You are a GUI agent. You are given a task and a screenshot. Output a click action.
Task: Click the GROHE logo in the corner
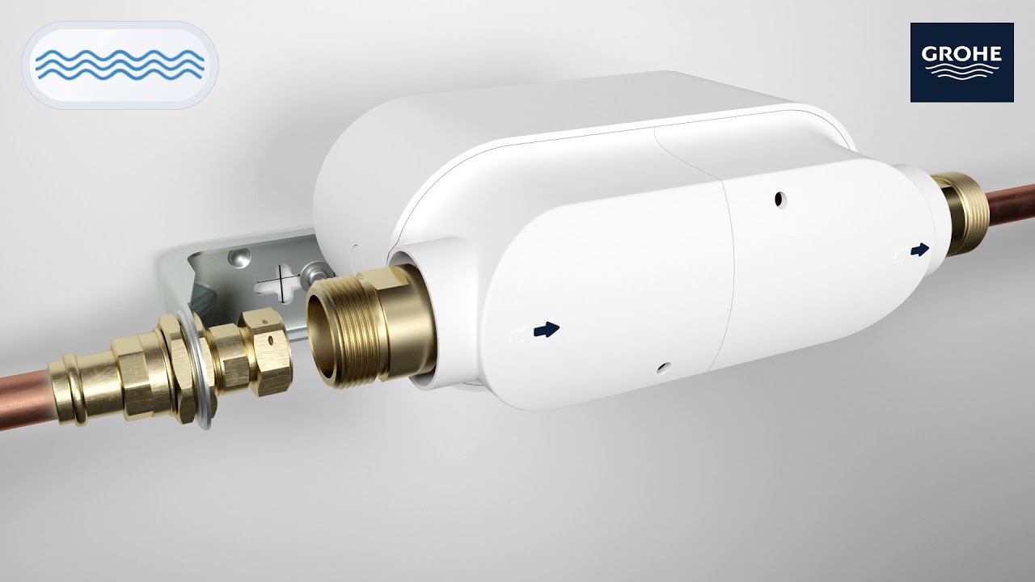[x=961, y=62]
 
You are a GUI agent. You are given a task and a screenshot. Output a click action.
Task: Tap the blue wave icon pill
[x=120, y=65]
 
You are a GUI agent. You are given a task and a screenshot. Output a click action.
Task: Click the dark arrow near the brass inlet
[x=547, y=329]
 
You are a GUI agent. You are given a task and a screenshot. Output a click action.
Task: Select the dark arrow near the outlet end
[x=919, y=250]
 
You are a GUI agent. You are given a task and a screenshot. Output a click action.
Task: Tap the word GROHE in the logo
[x=961, y=55]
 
